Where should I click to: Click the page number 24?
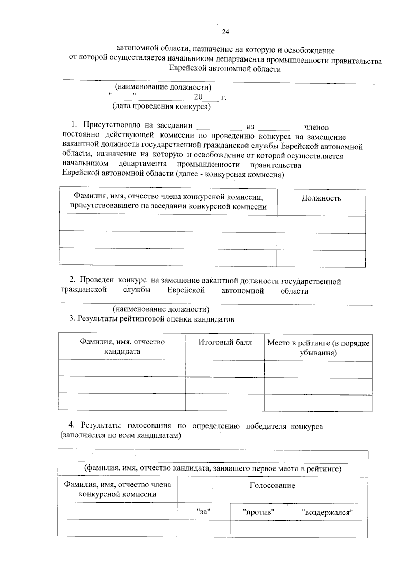pyautogui.click(x=225, y=32)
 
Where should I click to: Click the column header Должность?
pyautogui.click(x=321, y=198)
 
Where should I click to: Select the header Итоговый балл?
pyautogui.click(x=225, y=342)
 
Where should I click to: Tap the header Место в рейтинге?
pyautogui.click(x=318, y=347)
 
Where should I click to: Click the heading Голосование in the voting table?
pyautogui.click(x=272, y=485)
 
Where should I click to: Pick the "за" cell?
pyautogui.click(x=203, y=512)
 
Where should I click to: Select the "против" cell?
pyautogui.click(x=258, y=512)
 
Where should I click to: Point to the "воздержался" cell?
pyautogui.click(x=327, y=512)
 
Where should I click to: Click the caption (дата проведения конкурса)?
pyautogui.click(x=161, y=106)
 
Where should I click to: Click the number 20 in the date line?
pyautogui.click(x=198, y=97)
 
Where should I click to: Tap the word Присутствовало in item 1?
pyautogui.click(x=112, y=125)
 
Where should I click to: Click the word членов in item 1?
pyautogui.click(x=316, y=128)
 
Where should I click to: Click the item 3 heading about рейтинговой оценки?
pyautogui.click(x=151, y=319)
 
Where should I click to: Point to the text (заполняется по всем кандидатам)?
pyautogui.click(x=121, y=435)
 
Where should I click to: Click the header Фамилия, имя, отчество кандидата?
pyautogui.click(x=122, y=346)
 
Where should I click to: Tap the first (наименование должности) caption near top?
pyautogui.click(x=163, y=87)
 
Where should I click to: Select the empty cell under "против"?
pyautogui.click(x=258, y=528)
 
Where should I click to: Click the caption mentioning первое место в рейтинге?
pyautogui.click(x=213, y=469)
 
